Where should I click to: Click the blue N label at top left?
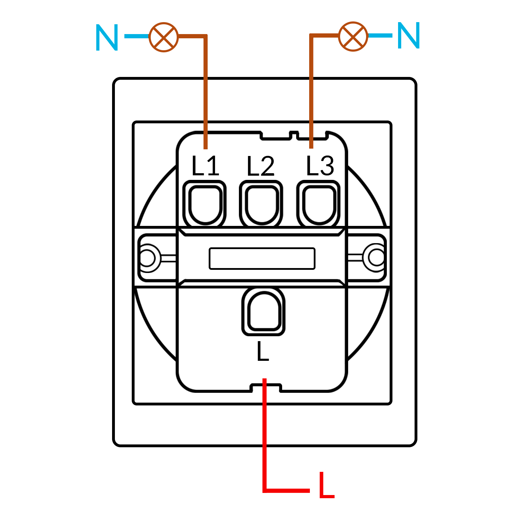107,38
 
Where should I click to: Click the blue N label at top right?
409,35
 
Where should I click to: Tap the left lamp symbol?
164,37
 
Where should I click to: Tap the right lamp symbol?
353,36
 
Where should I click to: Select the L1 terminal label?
205,166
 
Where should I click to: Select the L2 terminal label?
260,166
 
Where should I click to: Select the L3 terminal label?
320,165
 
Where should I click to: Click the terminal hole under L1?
206,205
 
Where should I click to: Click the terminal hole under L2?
262,205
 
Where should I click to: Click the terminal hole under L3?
319,205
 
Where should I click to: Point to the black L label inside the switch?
263,351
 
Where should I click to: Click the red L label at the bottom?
326,486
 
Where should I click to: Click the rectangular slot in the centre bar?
262,259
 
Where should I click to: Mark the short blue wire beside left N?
137,36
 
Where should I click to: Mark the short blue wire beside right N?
380,35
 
